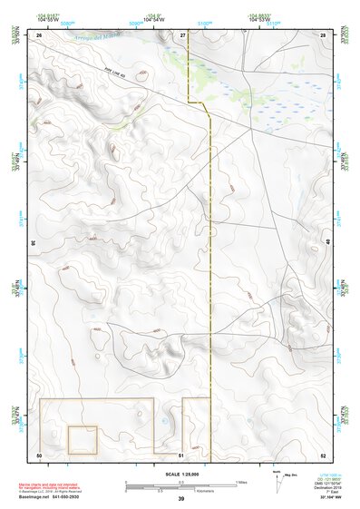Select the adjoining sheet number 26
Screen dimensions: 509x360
[39, 34]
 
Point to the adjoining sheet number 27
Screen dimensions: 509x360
[182, 34]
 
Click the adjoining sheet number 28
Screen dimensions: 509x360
[323, 34]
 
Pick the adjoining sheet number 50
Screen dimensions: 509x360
[39, 454]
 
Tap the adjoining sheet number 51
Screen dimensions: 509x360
[181, 454]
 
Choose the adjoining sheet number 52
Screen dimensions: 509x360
[323, 454]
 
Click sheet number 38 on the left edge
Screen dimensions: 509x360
[34, 243]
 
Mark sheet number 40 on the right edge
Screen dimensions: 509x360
[328, 243]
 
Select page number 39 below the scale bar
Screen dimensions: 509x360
[180, 499]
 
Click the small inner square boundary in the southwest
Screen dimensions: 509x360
[83, 439]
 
